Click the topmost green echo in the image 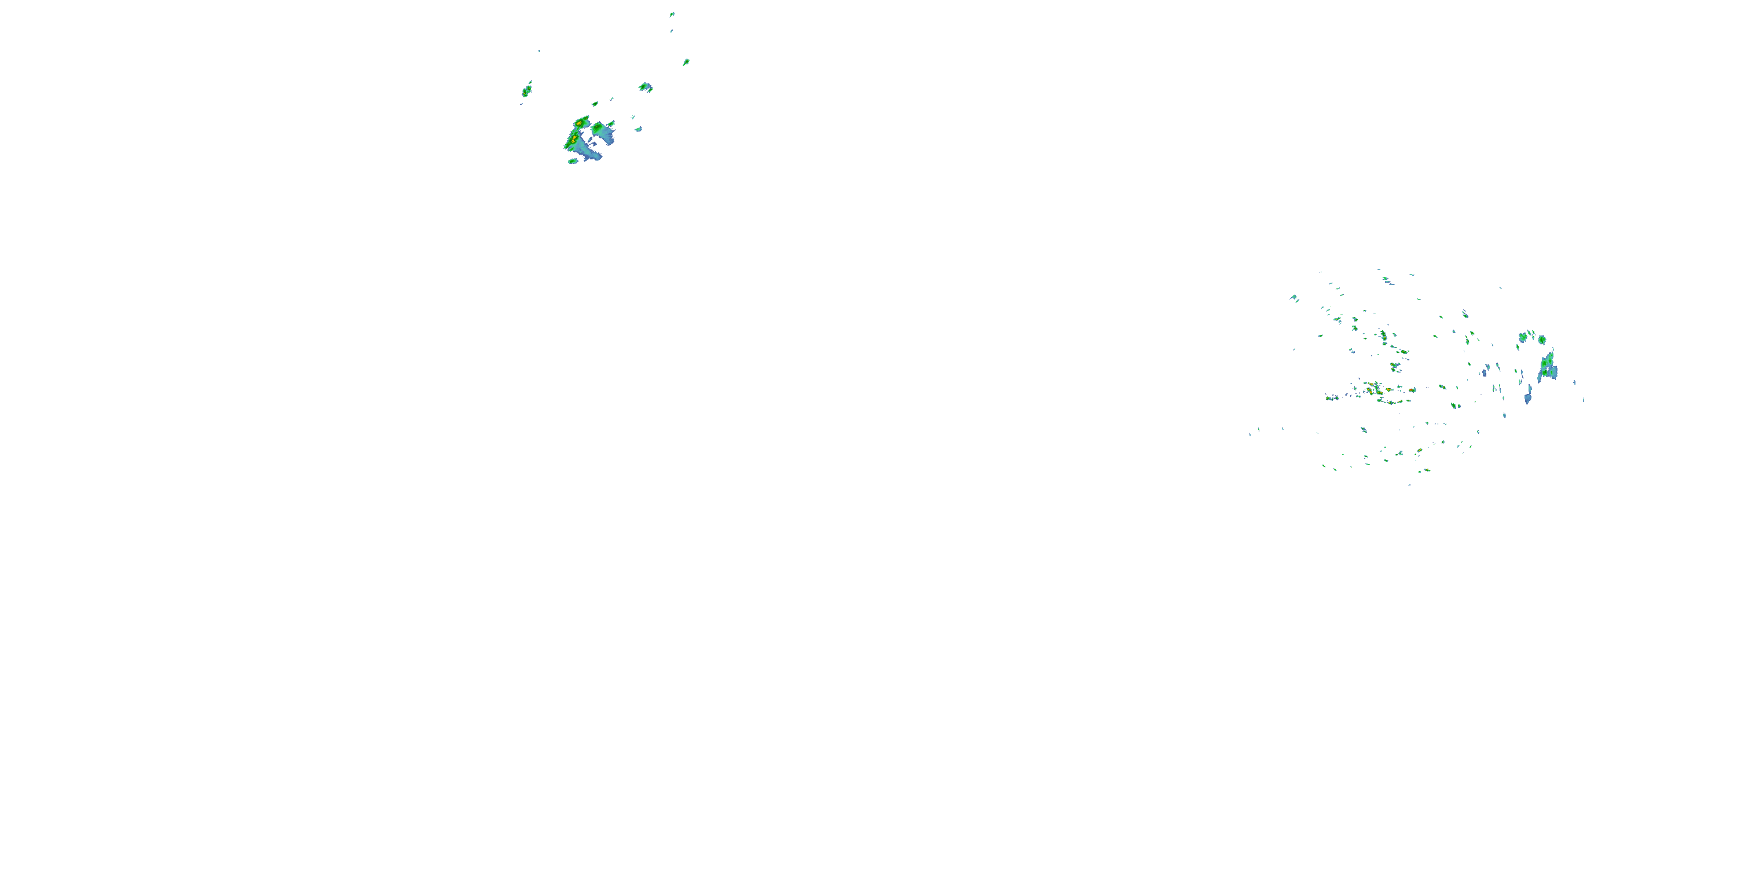pos(672,14)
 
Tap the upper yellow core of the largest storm pos(578,124)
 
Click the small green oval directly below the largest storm pos(573,161)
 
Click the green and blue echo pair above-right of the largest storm pos(646,87)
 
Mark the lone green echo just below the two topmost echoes pos(686,62)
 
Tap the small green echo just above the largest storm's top pos(595,104)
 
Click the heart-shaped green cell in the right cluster pos(1523,337)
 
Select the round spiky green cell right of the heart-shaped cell pos(1541,339)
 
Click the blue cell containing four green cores pos(1548,367)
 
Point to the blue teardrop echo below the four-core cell pos(1527,398)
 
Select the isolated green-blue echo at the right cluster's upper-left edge pos(1294,298)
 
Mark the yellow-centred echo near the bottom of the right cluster pos(1419,450)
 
